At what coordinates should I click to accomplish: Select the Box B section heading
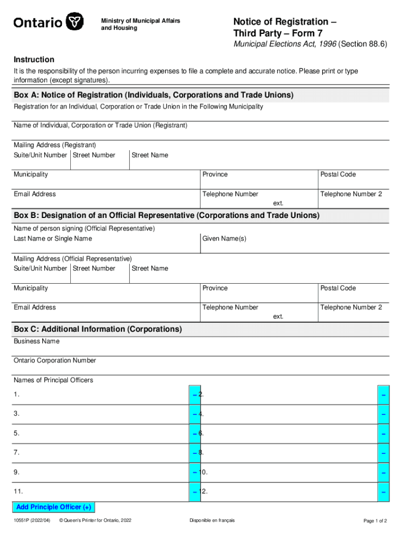point(167,215)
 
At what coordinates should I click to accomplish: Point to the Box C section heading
point(98,330)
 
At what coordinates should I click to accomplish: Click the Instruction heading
point(34,60)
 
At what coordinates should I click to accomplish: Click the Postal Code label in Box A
point(338,174)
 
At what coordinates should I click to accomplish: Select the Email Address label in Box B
point(35,307)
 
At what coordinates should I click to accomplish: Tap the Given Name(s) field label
point(224,238)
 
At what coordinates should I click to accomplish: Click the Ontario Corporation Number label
point(55,360)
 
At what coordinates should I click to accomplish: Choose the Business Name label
point(36,341)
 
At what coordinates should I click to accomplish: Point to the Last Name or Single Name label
point(53,238)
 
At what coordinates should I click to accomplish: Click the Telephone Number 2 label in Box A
point(351,194)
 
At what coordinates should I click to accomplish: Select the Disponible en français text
point(212,520)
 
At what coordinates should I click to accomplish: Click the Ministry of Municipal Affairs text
point(140,21)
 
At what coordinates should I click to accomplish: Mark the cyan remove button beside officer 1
point(194,395)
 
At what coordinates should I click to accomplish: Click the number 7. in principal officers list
point(17,453)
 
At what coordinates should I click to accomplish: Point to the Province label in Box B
point(215,288)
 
